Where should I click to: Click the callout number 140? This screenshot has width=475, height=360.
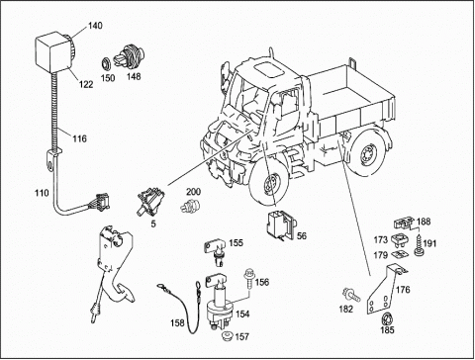pos(95,26)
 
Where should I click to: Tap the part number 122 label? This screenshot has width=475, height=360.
pos(86,84)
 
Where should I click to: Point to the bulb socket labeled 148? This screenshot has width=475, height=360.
pos(129,57)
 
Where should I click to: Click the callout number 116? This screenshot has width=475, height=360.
pos(79,138)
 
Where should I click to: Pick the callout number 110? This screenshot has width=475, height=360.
pos(42,193)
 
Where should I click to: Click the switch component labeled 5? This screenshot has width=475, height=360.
pos(150,200)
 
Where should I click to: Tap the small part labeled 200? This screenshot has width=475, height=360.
pos(190,207)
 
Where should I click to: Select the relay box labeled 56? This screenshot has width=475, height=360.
pos(281,224)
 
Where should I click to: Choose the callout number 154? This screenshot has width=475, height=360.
pos(242,314)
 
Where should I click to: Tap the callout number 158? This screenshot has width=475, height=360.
pos(177,323)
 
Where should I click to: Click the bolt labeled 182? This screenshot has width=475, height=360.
pos(352,294)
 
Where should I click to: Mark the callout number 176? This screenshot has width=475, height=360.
pos(403,290)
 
